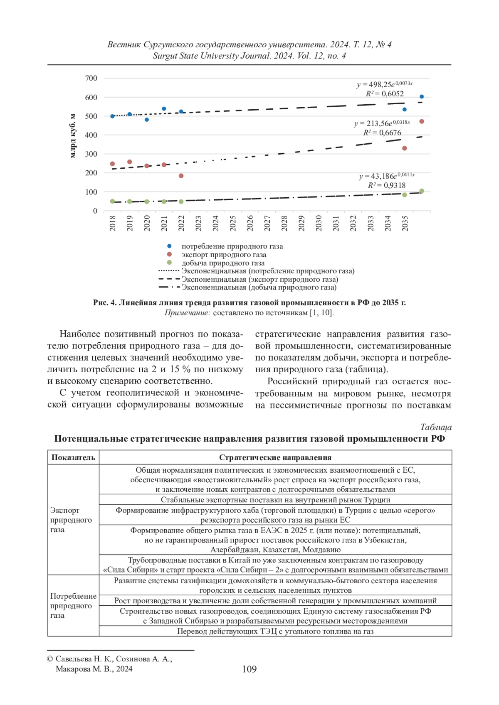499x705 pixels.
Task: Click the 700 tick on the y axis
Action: (91, 78)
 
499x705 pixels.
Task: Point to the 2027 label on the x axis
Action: (267, 223)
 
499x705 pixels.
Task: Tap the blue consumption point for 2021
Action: (164, 109)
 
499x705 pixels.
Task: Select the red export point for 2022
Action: (181, 176)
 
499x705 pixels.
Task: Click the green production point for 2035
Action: (405, 195)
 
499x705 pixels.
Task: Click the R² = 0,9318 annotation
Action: (386, 185)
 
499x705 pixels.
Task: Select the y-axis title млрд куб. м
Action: (73, 135)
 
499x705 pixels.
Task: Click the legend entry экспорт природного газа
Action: (224, 255)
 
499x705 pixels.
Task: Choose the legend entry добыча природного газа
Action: (223, 263)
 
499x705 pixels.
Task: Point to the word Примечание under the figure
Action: (188, 313)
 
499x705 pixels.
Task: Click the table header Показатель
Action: (73, 457)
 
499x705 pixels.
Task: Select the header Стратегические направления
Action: (275, 457)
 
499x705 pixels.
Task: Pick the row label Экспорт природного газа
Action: (71, 520)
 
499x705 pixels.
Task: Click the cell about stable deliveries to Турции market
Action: (275, 500)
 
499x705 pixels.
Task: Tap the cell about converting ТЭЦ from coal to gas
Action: (275, 631)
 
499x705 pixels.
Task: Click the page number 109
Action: (249, 669)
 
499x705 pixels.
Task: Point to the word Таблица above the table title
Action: (435, 427)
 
